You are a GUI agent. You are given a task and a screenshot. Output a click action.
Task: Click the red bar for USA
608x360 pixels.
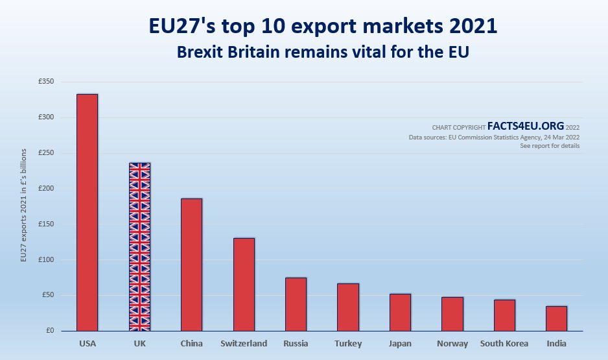pyautogui.click(x=87, y=213)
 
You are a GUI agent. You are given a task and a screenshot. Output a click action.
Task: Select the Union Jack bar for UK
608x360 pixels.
pyautogui.click(x=139, y=247)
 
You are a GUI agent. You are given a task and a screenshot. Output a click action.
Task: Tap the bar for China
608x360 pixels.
pyautogui.click(x=191, y=265)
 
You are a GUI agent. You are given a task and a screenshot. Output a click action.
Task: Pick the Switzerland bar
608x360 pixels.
pyautogui.click(x=244, y=285)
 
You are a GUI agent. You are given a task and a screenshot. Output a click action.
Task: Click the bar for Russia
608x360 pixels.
pyautogui.click(x=296, y=304)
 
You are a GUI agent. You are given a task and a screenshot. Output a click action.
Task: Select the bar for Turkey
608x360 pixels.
pyautogui.click(x=348, y=307)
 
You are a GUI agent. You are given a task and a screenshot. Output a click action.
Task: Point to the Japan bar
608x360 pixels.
pyautogui.click(x=400, y=312)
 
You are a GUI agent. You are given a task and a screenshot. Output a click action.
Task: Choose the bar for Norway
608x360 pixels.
pyautogui.click(x=452, y=314)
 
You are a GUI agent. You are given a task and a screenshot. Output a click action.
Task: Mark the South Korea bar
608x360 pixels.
pyautogui.click(x=504, y=315)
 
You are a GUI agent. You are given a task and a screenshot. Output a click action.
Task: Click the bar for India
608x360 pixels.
pyautogui.click(x=556, y=318)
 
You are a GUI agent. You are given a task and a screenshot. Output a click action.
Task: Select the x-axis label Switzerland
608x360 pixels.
pyautogui.click(x=244, y=344)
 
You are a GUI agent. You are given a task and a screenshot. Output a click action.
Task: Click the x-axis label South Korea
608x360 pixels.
pyautogui.click(x=504, y=344)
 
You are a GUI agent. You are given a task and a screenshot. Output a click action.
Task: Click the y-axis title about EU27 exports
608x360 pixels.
pyautogui.click(x=24, y=206)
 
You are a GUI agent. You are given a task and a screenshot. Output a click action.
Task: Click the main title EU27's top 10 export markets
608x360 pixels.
pyautogui.click(x=323, y=27)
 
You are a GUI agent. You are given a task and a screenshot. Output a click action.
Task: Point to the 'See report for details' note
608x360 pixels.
pyautogui.click(x=550, y=146)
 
